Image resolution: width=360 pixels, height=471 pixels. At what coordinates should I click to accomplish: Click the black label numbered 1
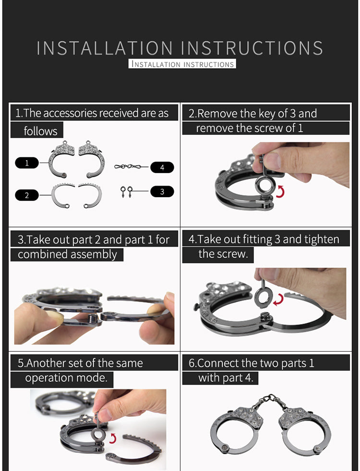(27, 163)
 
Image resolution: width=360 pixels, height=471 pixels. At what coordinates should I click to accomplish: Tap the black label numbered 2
(27, 195)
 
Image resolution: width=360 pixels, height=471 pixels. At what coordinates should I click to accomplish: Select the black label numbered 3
(162, 192)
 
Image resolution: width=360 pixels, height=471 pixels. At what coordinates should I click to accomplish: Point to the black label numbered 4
(162, 167)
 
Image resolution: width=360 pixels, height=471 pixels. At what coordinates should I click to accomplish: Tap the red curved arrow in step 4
(278, 300)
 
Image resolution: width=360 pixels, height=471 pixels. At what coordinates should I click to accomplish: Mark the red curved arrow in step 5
(113, 438)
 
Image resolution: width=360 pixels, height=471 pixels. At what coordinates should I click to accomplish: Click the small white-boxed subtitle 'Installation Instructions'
(182, 64)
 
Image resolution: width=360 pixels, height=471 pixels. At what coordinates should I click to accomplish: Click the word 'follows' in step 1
(41, 131)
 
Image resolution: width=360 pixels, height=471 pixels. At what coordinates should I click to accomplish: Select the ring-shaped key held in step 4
(263, 296)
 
